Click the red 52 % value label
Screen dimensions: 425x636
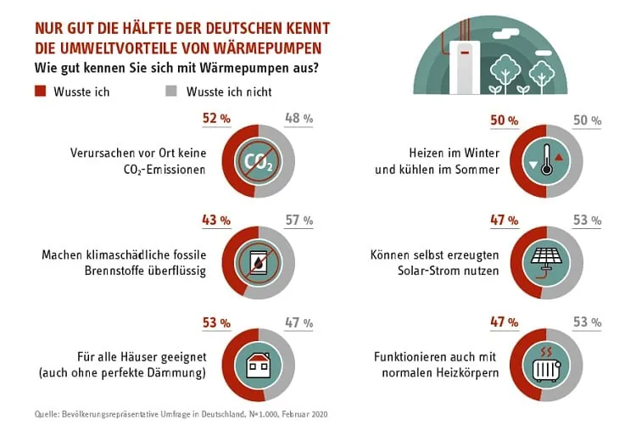tap(217, 120)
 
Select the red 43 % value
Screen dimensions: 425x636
tap(217, 220)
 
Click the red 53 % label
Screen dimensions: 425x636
tap(217, 322)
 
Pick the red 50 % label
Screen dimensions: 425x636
tap(505, 120)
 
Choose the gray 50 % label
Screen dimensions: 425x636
tap(587, 120)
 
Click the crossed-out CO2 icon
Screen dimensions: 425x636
tap(258, 161)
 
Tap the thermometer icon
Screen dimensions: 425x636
tap(546, 161)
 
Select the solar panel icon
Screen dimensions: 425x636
tap(546, 262)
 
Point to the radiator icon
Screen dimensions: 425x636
tap(546, 362)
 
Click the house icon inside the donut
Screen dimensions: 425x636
tap(258, 363)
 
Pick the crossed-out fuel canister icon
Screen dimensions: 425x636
tap(258, 262)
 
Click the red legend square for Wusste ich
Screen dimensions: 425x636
tap(39, 91)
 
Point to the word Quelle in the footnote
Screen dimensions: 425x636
tap(47, 413)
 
